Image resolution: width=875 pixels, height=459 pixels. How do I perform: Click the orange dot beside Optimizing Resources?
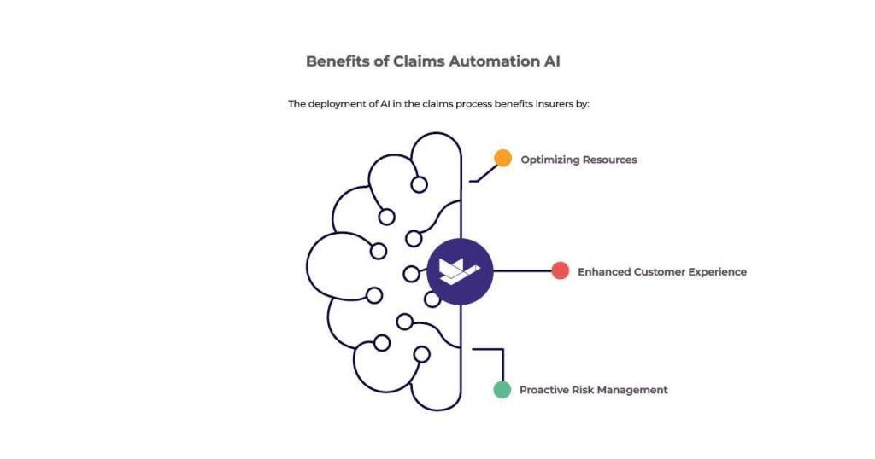click(x=502, y=159)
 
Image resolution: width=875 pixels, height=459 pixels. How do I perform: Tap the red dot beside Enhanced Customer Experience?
click(x=560, y=271)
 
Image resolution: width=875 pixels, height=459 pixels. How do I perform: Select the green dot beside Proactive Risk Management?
click(x=502, y=390)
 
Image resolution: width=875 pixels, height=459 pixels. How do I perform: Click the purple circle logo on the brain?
click(x=460, y=271)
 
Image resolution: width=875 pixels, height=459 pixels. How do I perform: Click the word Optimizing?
click(x=550, y=160)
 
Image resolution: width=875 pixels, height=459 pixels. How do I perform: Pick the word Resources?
click(x=610, y=160)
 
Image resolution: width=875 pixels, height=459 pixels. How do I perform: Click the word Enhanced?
click(x=604, y=272)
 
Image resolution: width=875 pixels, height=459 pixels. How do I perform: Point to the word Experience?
click(x=719, y=272)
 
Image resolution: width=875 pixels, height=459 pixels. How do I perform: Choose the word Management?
click(x=634, y=390)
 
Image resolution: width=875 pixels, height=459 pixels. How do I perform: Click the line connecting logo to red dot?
click(x=522, y=271)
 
